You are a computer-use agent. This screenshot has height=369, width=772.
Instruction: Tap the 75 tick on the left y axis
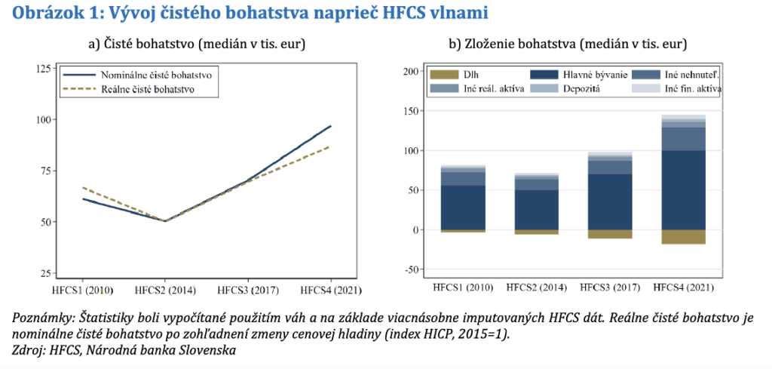point(44,171)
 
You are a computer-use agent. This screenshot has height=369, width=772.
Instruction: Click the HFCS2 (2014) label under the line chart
point(164,290)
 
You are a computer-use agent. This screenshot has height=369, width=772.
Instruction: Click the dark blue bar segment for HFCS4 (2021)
point(684,189)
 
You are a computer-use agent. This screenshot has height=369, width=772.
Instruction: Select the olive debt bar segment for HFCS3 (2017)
point(611,234)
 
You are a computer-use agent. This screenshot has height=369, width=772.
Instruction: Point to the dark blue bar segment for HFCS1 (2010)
point(464,208)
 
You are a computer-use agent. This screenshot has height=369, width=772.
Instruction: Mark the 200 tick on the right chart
point(411,72)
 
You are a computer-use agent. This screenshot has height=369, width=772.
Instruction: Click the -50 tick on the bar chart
point(411,269)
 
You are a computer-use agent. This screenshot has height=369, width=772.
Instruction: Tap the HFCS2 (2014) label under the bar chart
point(537,288)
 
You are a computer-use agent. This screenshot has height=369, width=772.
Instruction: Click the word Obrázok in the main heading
point(44,13)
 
